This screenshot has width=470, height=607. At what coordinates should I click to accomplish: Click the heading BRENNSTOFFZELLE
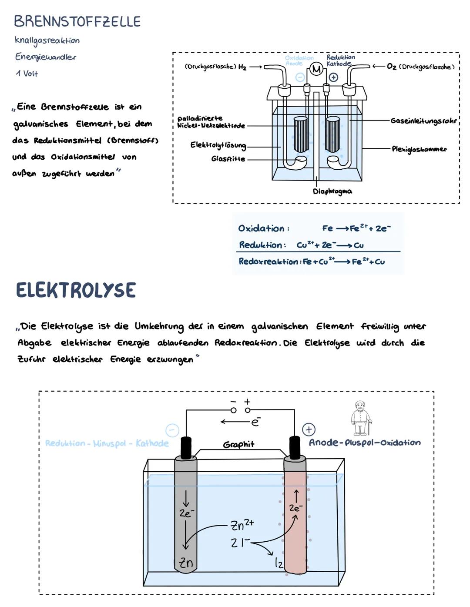pyautogui.click(x=77, y=21)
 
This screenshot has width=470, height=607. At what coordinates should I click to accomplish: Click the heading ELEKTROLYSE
pyautogui.click(x=76, y=290)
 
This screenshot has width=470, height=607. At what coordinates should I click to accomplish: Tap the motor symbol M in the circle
pyautogui.click(x=316, y=69)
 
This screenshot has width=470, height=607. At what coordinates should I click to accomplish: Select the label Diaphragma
pyautogui.click(x=332, y=191)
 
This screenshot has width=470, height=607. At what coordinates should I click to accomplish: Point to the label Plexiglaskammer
pyautogui.click(x=419, y=149)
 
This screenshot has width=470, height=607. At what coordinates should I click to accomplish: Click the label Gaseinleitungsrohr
pyautogui.click(x=423, y=121)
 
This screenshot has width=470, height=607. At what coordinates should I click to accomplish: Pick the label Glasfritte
pyautogui.click(x=228, y=159)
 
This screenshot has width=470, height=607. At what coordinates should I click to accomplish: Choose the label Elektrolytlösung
pyautogui.click(x=218, y=145)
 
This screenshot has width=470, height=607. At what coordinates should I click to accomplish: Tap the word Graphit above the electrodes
pyautogui.click(x=238, y=444)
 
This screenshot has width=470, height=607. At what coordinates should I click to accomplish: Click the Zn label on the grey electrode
pyautogui.click(x=186, y=563)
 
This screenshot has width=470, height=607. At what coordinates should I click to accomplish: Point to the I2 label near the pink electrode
pyautogui.click(x=279, y=563)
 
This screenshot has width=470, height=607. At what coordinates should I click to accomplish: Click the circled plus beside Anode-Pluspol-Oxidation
pyautogui.click(x=309, y=430)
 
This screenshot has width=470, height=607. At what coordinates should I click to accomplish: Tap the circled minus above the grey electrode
pyautogui.click(x=172, y=430)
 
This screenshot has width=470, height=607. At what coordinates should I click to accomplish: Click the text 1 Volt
pyautogui.click(x=27, y=74)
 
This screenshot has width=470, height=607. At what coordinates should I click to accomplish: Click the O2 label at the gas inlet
pyautogui.click(x=392, y=67)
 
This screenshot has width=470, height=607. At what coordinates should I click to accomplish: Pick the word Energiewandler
pyautogui.click(x=45, y=57)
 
